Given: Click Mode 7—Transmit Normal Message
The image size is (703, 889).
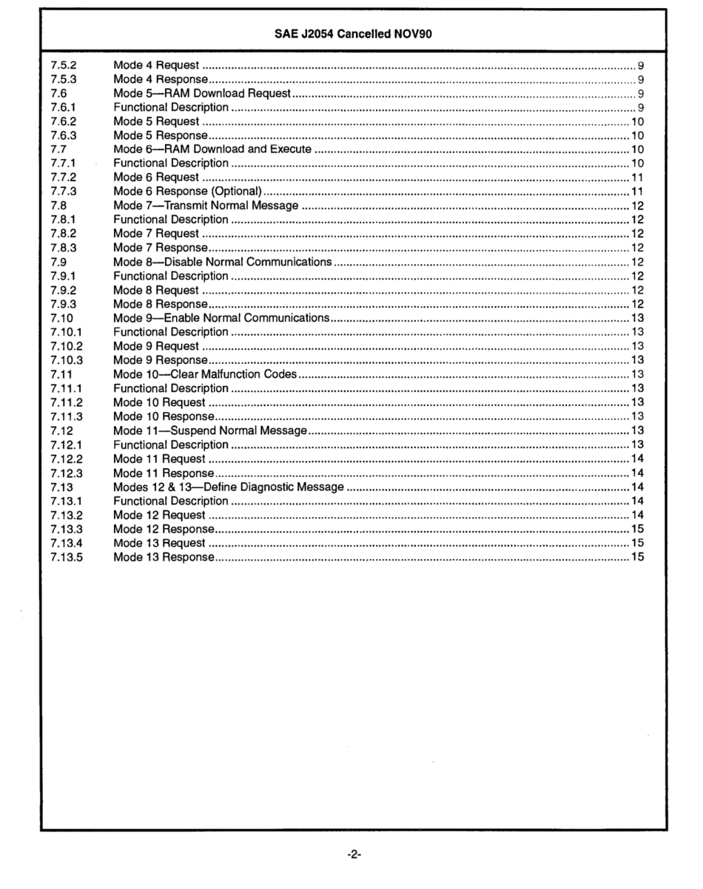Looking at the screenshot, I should pos(206,205).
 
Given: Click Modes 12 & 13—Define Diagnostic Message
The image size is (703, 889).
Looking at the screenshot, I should pos(229,486).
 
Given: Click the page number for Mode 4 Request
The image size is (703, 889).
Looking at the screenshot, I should pos(639,66).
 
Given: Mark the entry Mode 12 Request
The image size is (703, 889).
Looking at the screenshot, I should pos(159,514).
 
